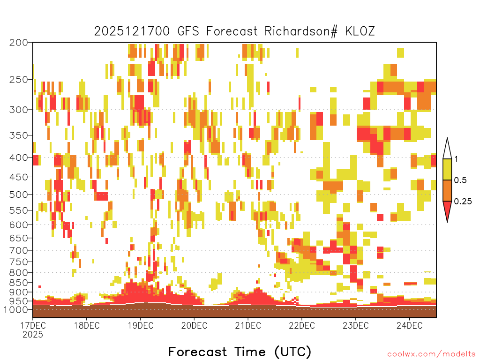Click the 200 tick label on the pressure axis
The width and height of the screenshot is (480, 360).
point(19,43)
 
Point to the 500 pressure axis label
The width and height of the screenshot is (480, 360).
point(19,195)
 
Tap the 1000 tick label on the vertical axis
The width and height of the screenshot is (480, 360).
point(16,310)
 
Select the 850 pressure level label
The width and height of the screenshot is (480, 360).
point(19,283)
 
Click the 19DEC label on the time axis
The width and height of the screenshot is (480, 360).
point(141,325)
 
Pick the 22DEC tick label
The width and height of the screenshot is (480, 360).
point(302,325)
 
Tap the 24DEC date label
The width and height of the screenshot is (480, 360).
point(410,325)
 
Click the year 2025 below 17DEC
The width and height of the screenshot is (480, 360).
point(33,335)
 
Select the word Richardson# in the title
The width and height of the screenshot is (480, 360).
point(301,31)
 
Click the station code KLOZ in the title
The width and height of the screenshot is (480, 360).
point(360,31)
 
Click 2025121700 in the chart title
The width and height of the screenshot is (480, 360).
point(132,31)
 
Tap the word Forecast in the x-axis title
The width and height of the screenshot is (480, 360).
point(198,352)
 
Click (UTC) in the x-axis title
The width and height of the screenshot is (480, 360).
point(293,352)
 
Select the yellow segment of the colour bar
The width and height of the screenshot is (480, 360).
point(447,169)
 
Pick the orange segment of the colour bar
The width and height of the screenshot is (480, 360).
point(447,190)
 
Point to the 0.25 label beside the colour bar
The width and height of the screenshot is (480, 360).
point(463,202)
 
